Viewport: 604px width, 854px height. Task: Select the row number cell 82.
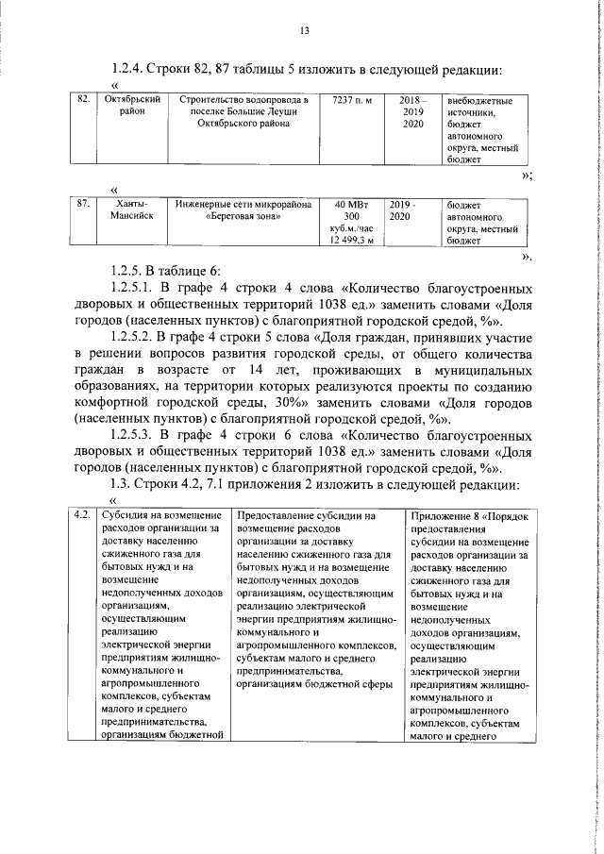coord(83,98)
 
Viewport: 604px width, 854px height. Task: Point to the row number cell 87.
coord(83,203)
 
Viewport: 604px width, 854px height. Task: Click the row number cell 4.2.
coord(83,516)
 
